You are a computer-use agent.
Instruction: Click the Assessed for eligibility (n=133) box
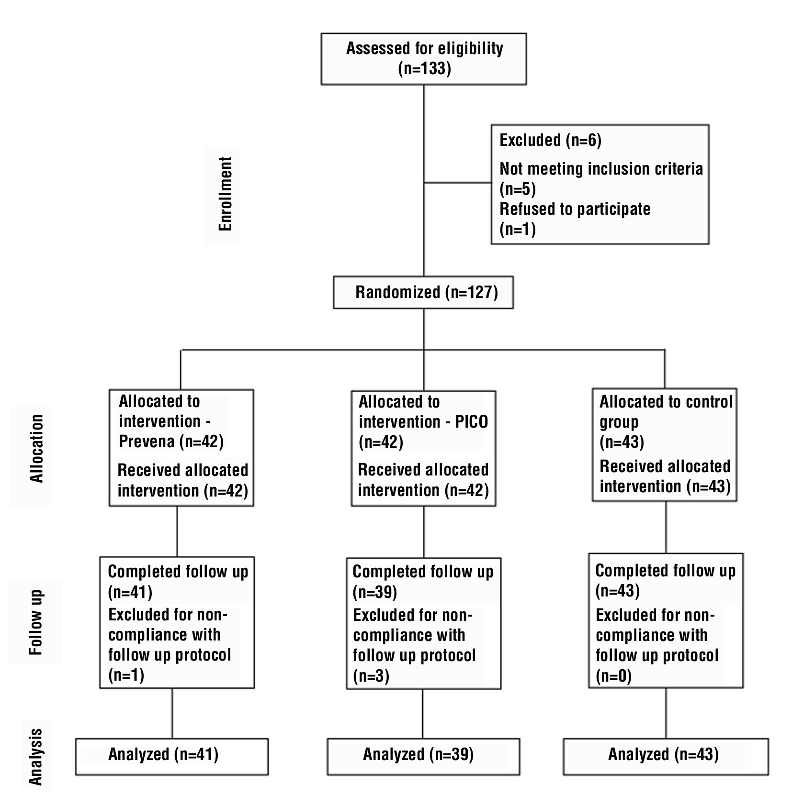(423, 58)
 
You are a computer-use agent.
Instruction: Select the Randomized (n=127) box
(423, 292)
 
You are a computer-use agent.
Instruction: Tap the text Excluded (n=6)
(550, 140)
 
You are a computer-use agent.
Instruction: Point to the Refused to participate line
(575, 209)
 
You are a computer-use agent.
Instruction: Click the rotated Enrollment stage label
(225, 194)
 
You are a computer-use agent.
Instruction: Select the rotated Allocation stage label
(36, 449)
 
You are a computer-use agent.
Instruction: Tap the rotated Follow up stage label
(36, 622)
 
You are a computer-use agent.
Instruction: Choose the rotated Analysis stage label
(36, 757)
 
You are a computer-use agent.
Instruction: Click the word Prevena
(147, 441)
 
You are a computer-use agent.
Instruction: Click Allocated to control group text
(666, 411)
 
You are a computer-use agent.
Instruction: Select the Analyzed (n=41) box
(171, 756)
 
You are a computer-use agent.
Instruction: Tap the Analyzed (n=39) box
(423, 756)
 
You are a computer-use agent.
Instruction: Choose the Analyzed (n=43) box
(665, 756)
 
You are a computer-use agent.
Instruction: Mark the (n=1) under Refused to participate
(518, 229)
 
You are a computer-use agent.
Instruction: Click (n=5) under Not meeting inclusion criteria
(518, 189)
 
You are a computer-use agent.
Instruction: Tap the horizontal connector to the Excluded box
(457, 183)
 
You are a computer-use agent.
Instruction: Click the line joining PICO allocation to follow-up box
(423, 531)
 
